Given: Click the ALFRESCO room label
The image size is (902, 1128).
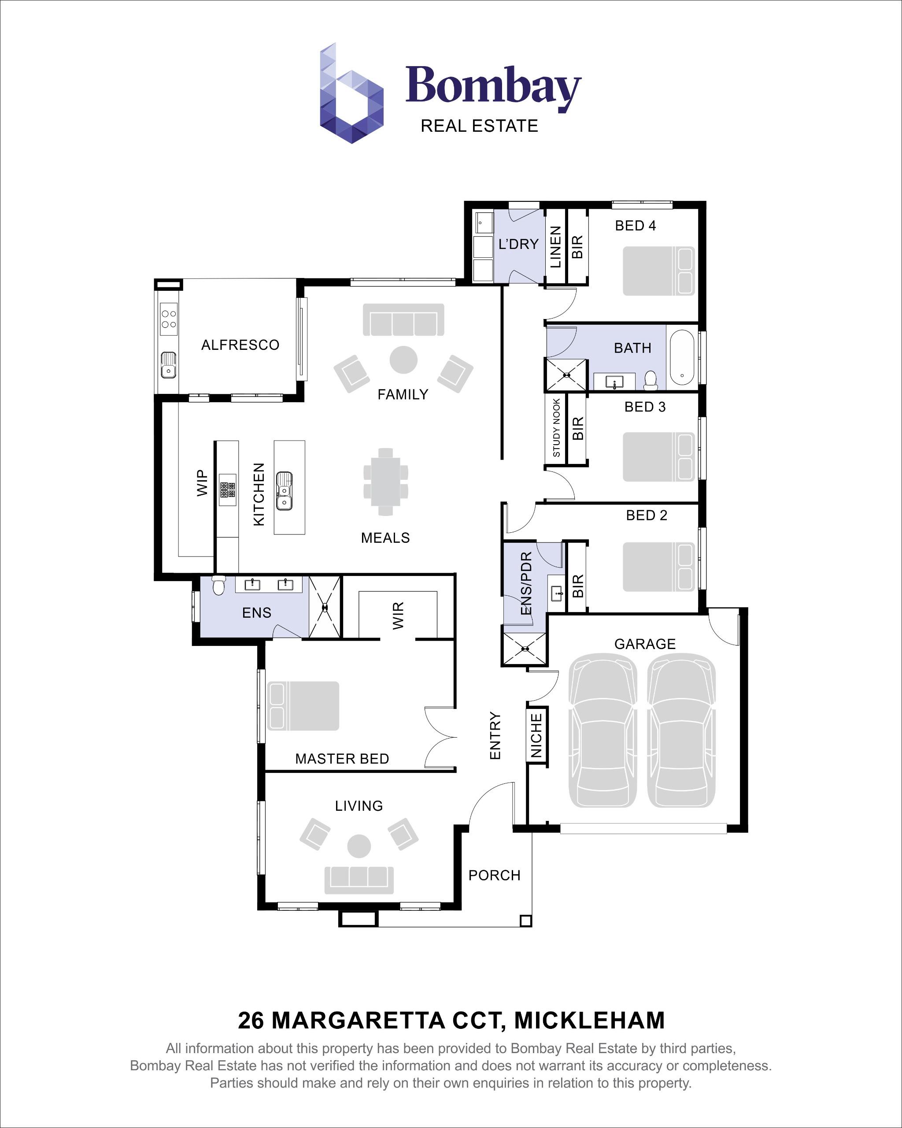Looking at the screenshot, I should (240, 345).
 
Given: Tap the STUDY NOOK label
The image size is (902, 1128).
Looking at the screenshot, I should (556, 427).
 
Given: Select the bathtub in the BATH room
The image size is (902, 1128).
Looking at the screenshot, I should (682, 357).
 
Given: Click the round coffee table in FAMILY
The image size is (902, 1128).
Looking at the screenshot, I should (403, 360).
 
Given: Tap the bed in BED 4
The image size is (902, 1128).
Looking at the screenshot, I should (658, 271).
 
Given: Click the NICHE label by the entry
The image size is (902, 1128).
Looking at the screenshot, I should (536, 735).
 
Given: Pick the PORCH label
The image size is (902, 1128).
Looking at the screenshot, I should (494, 875).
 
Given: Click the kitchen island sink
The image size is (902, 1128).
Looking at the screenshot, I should (284, 491).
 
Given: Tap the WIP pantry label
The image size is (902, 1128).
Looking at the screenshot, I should (202, 482).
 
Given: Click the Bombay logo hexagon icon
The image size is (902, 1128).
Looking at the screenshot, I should (351, 94).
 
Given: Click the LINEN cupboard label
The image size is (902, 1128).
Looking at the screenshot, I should (556, 246).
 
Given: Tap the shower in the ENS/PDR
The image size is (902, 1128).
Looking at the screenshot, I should (525, 649).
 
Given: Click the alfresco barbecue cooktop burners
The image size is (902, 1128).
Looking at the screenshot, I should (168, 319).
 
